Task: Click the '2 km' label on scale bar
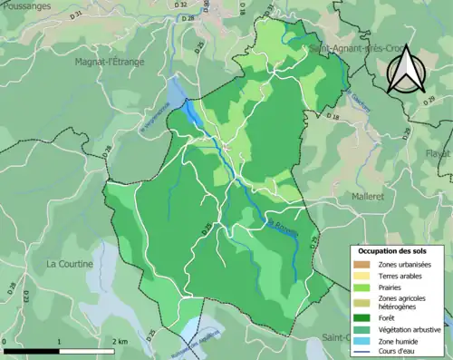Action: pyautogui.click(x=120, y=340)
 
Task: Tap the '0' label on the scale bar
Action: pyautogui.click(x=6, y=340)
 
